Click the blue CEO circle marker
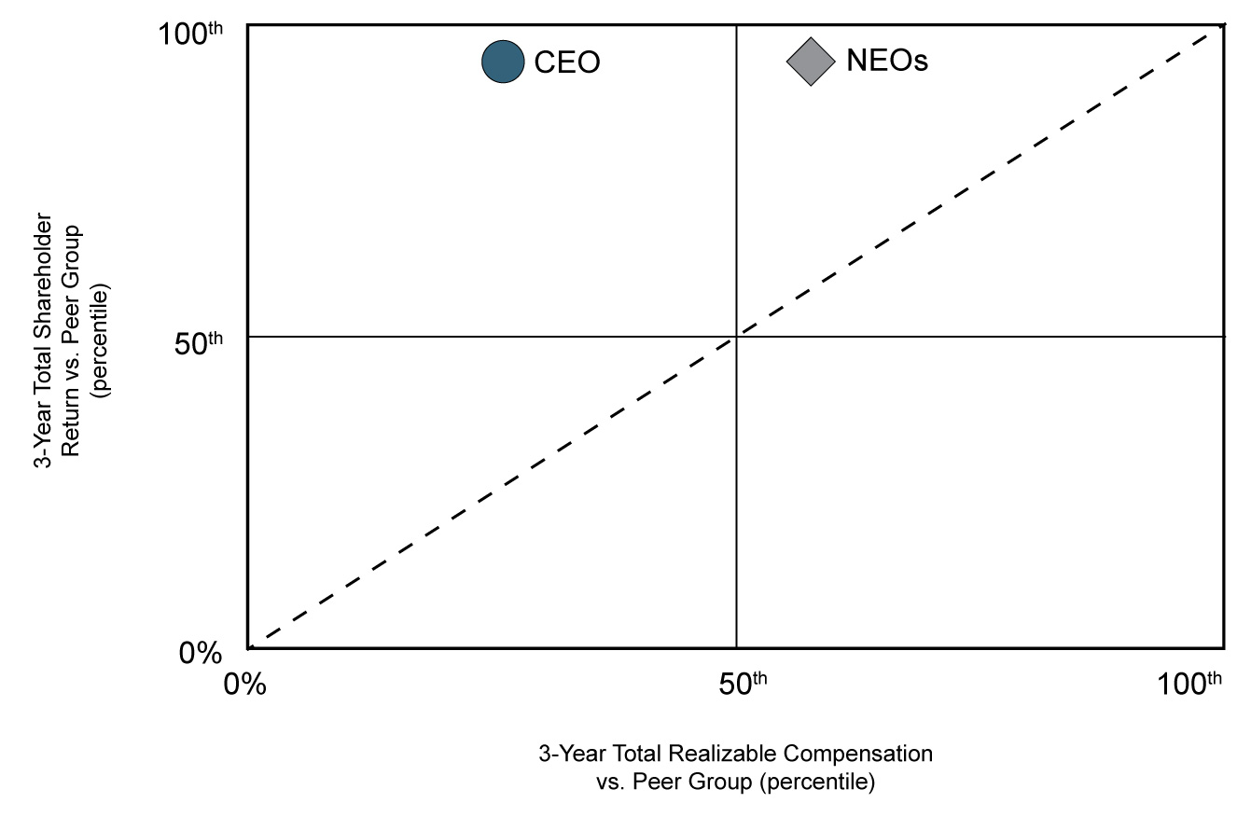(504, 62)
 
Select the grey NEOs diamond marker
(810, 62)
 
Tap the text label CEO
(566, 62)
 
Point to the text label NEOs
(886, 62)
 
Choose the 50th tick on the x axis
(744, 683)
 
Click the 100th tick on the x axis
(1188, 683)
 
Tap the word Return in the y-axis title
(71, 427)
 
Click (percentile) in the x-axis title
(817, 782)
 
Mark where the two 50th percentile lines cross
(736, 336)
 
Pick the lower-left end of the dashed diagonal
(250, 646)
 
